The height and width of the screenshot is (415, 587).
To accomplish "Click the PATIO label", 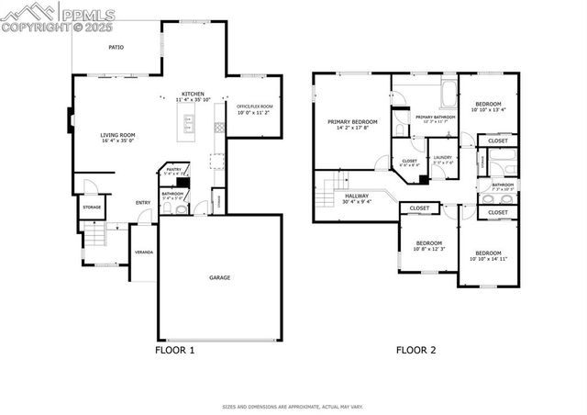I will (x=116, y=46).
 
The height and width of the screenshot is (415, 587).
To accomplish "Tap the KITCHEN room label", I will (x=193, y=95).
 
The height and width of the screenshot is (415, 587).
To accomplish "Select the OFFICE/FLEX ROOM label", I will (x=254, y=107).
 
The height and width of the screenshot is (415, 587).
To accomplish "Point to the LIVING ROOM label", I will (x=117, y=135).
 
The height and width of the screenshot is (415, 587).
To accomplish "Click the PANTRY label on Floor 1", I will (x=172, y=169).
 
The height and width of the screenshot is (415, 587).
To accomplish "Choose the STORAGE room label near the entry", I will (x=92, y=207).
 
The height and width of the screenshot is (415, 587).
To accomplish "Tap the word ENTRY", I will (x=143, y=203).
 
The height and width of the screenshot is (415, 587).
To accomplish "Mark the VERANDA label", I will (x=144, y=252).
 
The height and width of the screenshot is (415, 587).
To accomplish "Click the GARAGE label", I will (x=219, y=277).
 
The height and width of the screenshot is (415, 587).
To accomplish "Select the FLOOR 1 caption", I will (x=174, y=350).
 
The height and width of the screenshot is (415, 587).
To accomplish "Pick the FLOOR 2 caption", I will (x=415, y=350).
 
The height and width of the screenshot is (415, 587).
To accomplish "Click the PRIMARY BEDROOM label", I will (x=352, y=122).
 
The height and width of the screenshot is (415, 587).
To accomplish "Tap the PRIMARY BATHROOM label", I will (x=436, y=118).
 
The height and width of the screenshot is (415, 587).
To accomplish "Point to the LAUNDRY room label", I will (x=443, y=157).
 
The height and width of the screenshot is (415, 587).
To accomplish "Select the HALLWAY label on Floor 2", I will (x=358, y=196).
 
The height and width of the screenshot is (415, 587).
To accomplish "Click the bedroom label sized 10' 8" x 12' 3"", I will (x=428, y=243).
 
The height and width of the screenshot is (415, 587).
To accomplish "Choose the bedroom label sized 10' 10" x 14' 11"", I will (x=488, y=253).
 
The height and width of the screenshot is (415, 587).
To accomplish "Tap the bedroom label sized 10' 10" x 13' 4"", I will (x=488, y=106).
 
